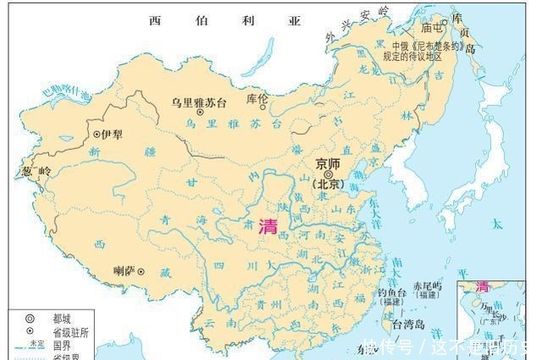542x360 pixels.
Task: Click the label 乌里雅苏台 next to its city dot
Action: point(199,102)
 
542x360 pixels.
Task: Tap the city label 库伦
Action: point(257,99)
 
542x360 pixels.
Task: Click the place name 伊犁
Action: point(113,134)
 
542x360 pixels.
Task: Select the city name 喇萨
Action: point(124,272)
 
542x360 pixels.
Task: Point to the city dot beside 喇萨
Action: point(141,272)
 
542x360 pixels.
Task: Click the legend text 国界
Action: point(58,345)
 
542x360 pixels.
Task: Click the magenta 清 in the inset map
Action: point(483,286)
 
